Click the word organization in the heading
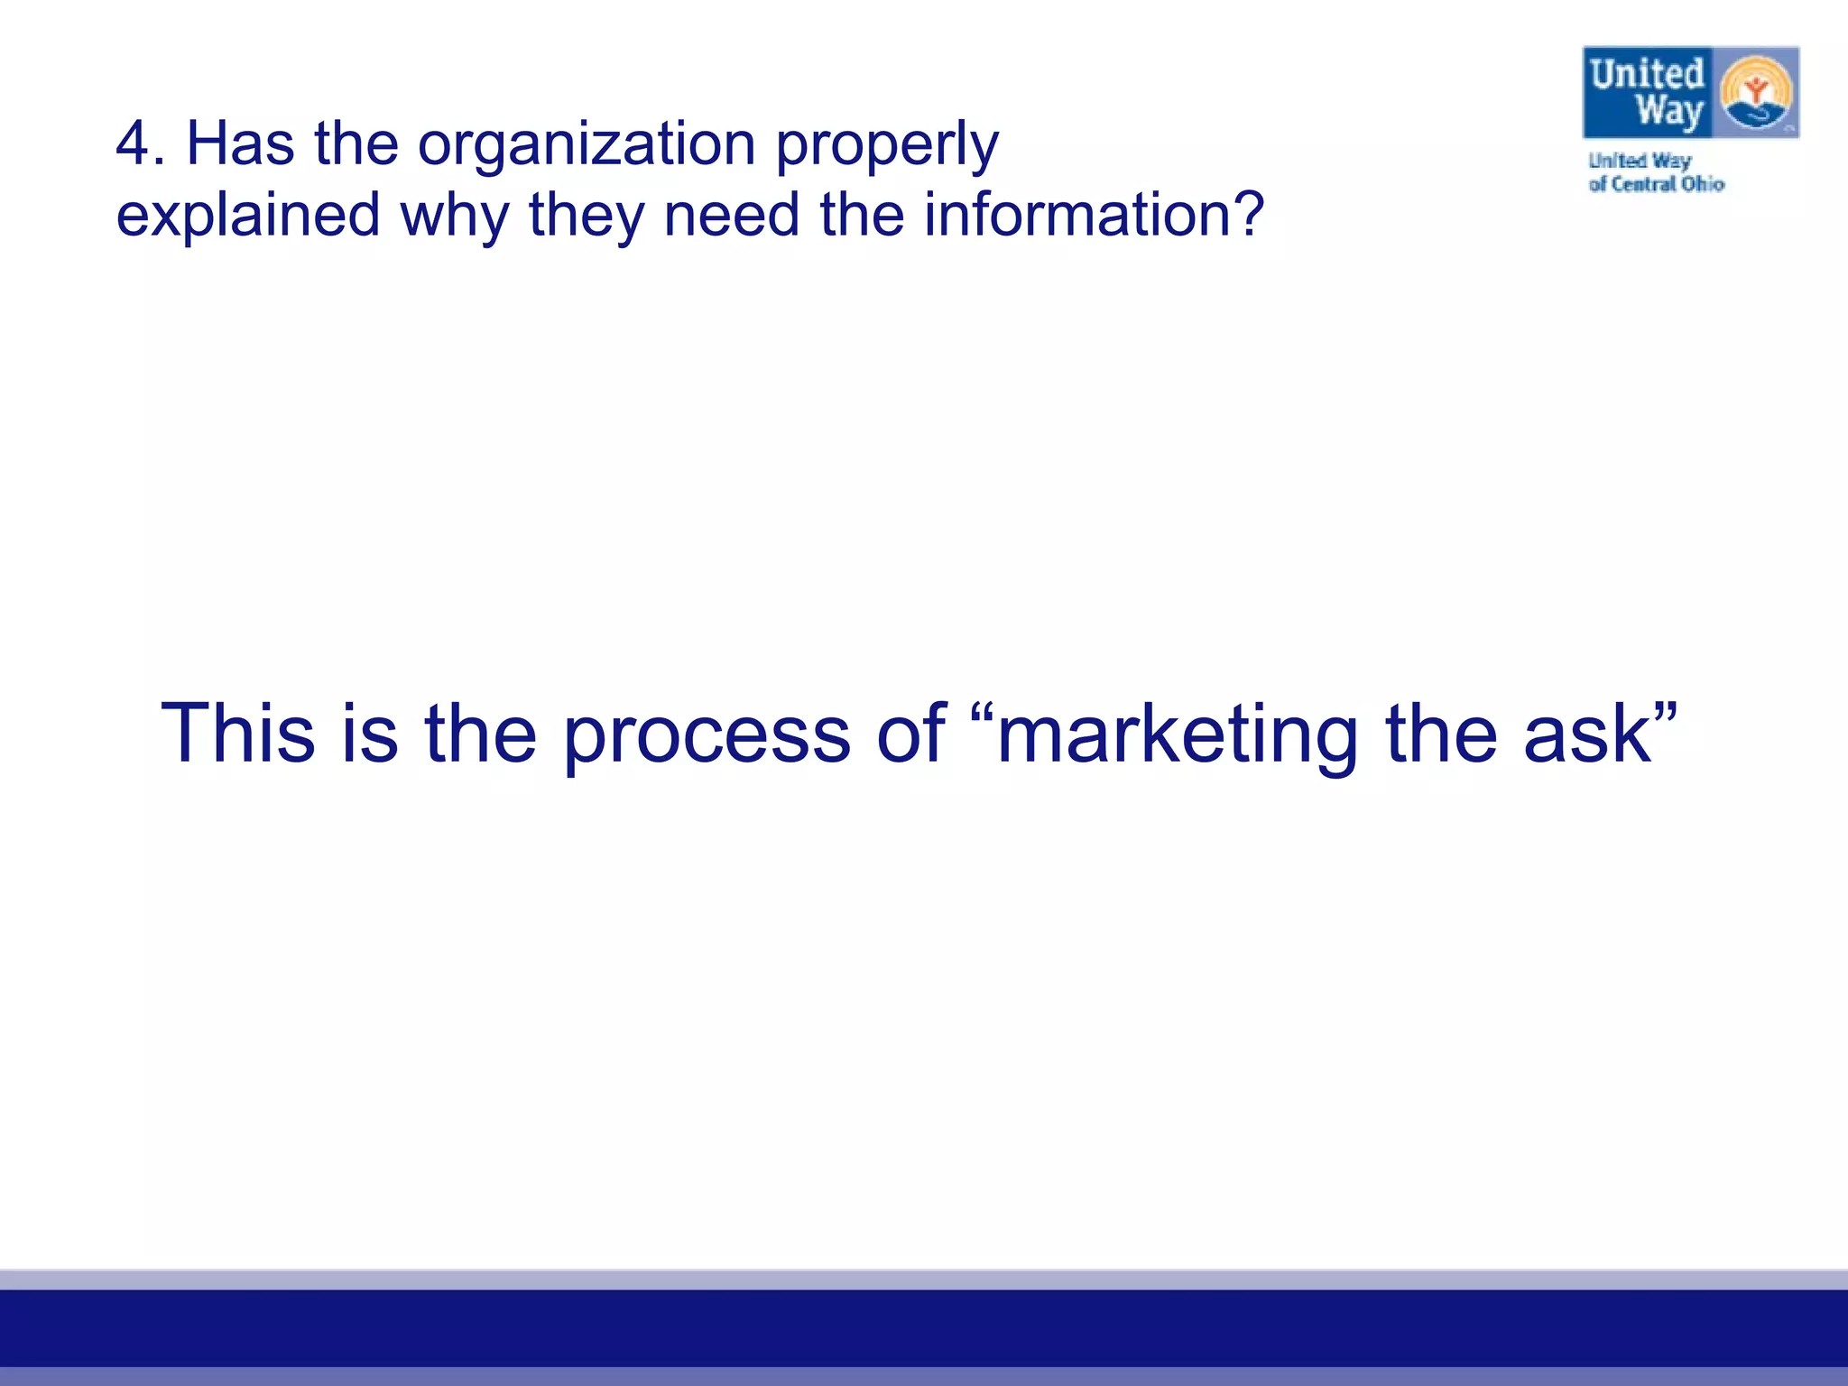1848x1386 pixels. tap(586, 145)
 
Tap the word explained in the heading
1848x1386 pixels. tap(248, 217)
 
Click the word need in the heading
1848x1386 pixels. tap(731, 216)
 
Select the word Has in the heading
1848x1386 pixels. tap(240, 144)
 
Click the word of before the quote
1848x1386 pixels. tap(911, 733)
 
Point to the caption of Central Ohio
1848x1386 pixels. tap(1656, 184)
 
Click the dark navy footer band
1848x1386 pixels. tap(924, 1327)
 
